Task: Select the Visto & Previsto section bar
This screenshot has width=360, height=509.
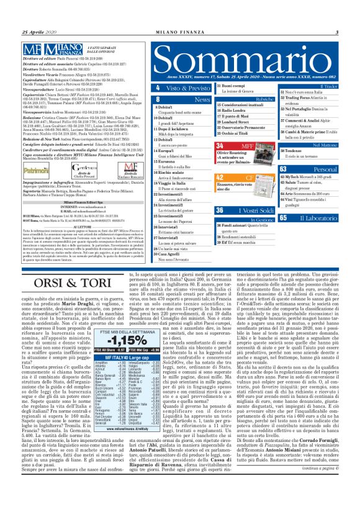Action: pos(177,89)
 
